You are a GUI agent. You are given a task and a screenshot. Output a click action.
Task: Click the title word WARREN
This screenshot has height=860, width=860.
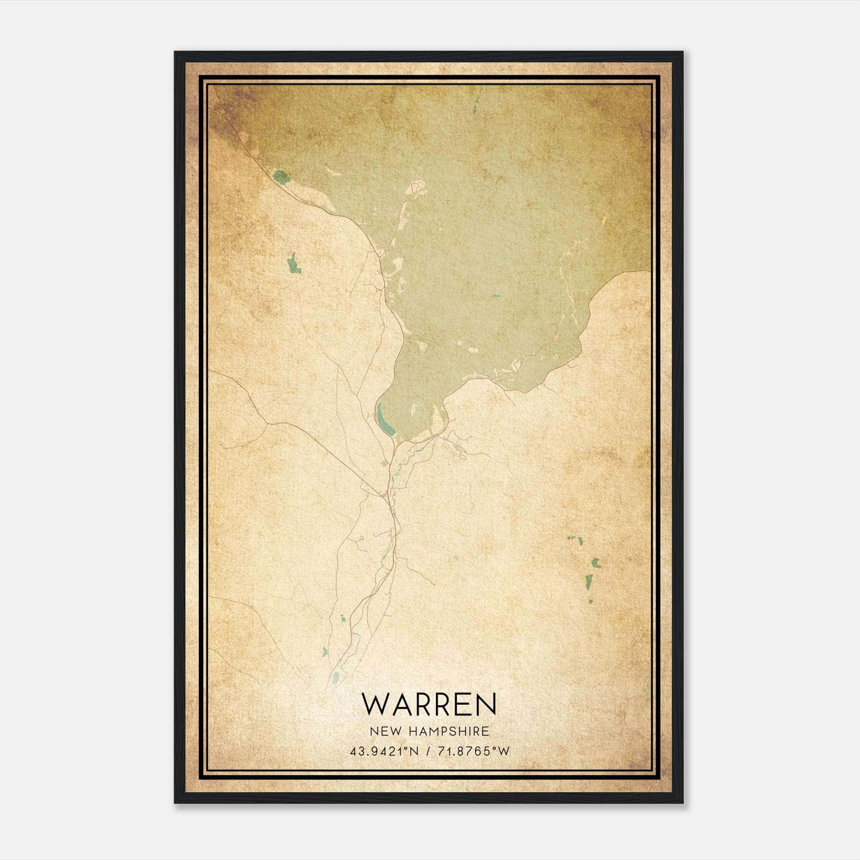click(429, 704)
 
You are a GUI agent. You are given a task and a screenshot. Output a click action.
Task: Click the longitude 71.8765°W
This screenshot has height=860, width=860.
click(472, 751)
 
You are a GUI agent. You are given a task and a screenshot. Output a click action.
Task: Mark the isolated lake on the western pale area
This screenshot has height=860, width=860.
click(292, 264)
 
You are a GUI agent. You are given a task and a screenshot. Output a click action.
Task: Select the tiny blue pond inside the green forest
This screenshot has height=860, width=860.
click(495, 296)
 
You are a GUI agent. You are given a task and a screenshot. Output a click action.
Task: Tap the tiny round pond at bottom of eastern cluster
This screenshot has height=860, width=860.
click(590, 600)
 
